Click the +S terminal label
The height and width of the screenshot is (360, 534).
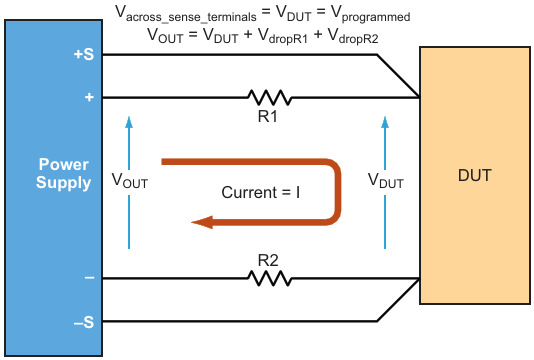coord(83,54)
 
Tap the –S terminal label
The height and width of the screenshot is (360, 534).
coord(84,322)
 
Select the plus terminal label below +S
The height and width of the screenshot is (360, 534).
coord(89,97)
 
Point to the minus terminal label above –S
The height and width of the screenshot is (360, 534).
coord(89,278)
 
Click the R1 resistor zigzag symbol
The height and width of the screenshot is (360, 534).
coord(270,97)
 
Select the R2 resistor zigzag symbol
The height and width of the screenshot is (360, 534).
coord(270,278)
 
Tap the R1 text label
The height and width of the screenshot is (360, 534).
coord(268,116)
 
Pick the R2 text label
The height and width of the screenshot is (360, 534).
coord(268,261)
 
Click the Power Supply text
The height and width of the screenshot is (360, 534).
coord(64,174)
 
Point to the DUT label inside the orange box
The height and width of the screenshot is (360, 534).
coord(475,175)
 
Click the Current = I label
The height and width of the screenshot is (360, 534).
coord(261,192)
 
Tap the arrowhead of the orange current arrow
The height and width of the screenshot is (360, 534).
coord(202,222)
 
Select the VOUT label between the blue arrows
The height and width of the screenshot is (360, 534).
coord(130,181)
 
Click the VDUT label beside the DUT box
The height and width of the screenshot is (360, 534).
coord(386,181)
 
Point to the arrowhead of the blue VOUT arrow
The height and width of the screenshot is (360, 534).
coord(129,122)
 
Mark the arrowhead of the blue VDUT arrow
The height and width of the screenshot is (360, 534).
coord(385,122)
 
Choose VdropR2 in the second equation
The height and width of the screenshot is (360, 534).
coord(353,36)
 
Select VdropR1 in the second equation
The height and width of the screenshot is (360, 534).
coord(283,36)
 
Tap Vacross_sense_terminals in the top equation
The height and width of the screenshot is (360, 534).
coord(186,14)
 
